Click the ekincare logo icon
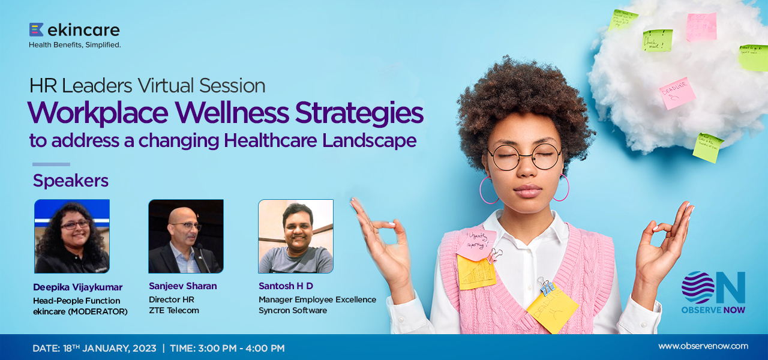click(x=36, y=29)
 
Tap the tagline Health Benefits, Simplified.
click(x=75, y=44)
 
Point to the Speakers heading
click(x=71, y=181)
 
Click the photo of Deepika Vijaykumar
click(x=72, y=236)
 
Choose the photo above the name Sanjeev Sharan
click(x=186, y=236)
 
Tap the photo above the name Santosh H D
click(x=296, y=236)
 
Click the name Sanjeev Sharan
click(x=183, y=286)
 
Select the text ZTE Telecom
click(x=174, y=310)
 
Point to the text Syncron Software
click(x=293, y=310)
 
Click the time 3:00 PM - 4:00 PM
click(x=244, y=348)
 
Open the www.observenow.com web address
click(x=703, y=346)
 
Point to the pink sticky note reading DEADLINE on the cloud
click(x=677, y=93)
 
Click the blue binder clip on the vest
click(x=546, y=286)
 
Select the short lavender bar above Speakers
click(x=51, y=164)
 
